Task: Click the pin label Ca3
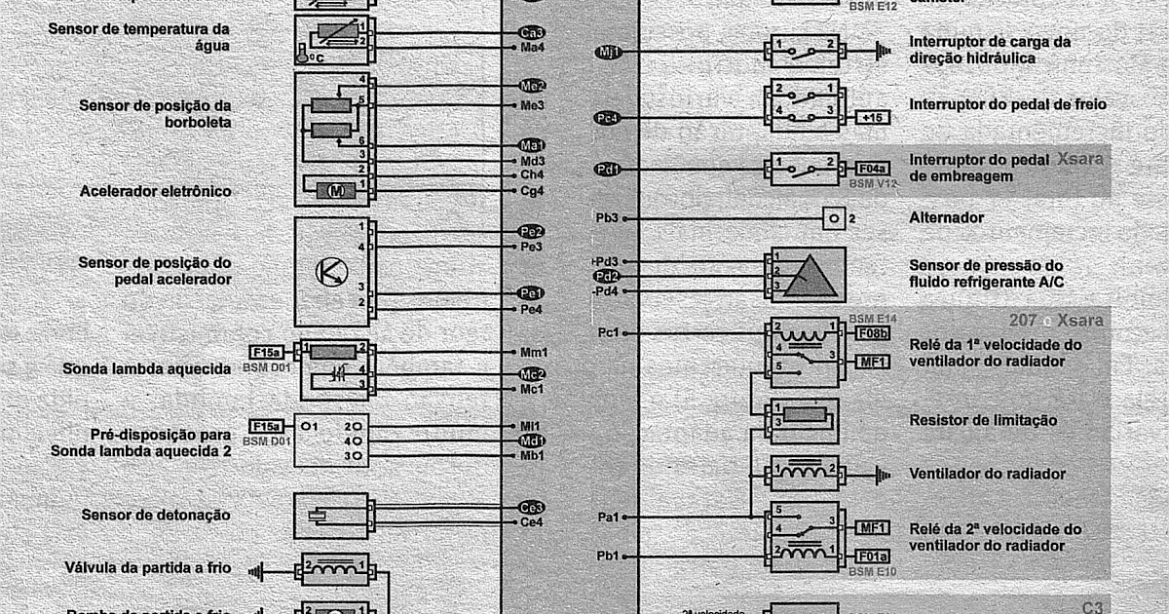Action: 532,32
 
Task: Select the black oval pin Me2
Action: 532,87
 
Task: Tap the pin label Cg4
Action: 532,191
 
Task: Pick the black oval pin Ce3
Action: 532,508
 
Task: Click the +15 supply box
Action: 870,117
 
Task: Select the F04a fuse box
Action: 870,169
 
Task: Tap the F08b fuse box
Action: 870,333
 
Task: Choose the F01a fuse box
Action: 870,556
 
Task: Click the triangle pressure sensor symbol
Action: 809,277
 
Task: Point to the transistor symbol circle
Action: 331,272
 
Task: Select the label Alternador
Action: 946,218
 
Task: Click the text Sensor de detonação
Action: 156,515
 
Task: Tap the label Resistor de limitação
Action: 983,421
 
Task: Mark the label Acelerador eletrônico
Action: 156,192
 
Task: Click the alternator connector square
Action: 833,218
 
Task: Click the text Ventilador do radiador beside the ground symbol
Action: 987,475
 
